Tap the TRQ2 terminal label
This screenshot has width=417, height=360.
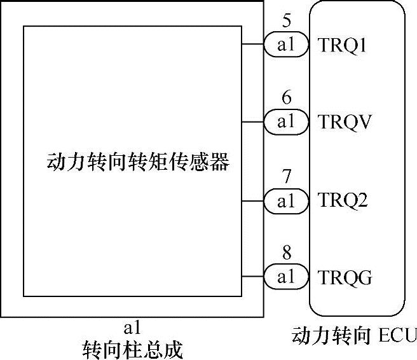pos(343,201)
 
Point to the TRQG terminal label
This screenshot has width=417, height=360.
pos(344,277)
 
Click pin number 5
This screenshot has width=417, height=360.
pos(287,22)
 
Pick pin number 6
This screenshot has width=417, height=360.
pos(287,99)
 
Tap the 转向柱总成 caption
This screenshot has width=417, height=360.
pos(132,349)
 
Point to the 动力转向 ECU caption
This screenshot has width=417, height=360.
pos(353,335)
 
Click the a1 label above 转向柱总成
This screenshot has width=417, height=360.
pos(132,328)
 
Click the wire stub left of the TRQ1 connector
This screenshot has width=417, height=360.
pos(252,45)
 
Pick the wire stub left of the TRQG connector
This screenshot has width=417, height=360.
pos(252,277)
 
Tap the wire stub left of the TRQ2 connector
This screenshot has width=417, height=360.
pos(252,200)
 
